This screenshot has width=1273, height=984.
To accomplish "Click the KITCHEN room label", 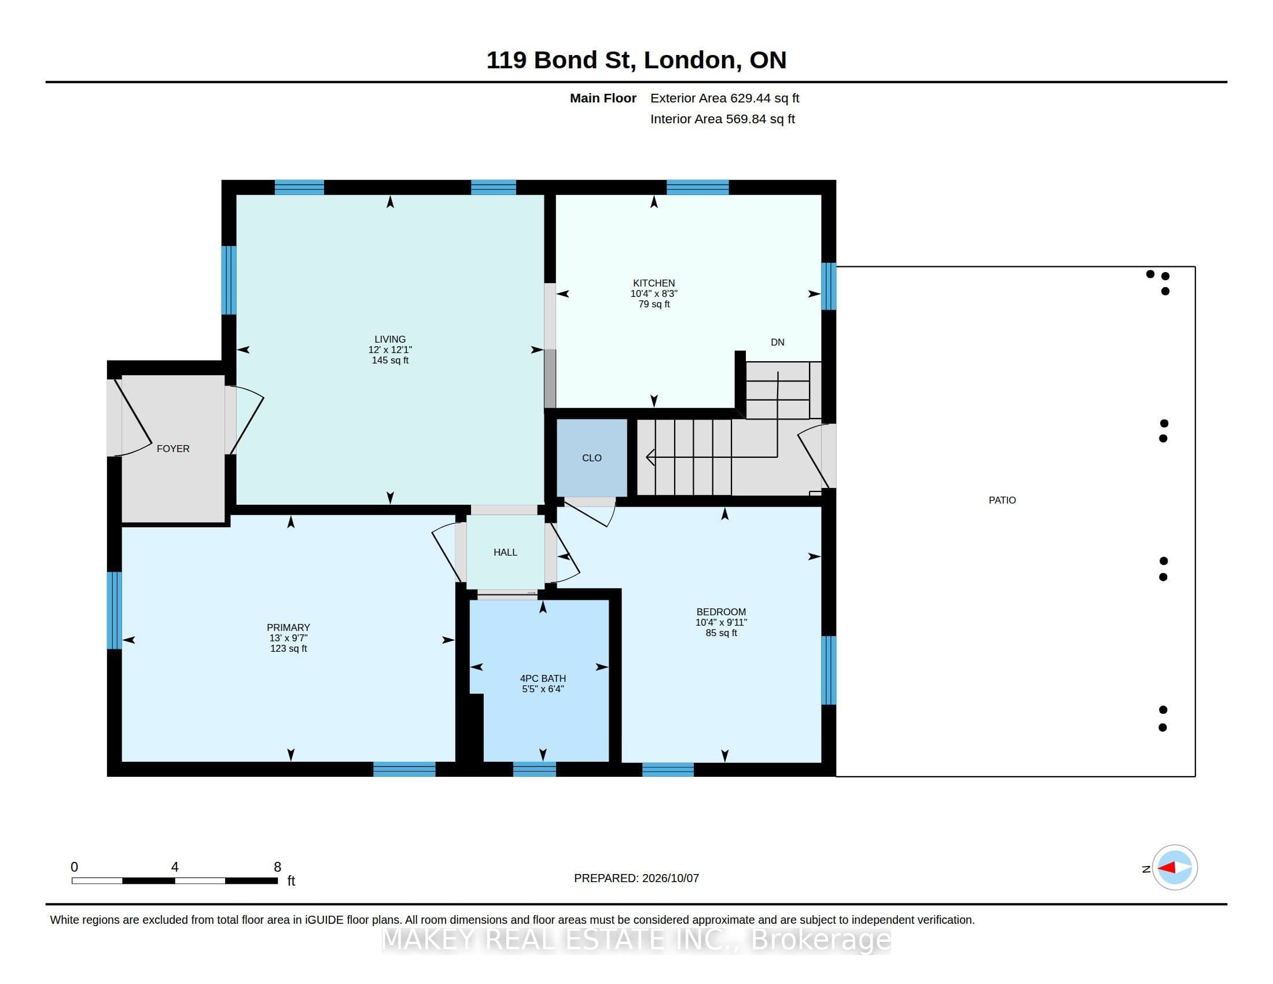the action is pyautogui.click(x=654, y=283).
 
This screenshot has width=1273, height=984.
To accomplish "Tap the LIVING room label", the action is pyautogui.click(x=390, y=339).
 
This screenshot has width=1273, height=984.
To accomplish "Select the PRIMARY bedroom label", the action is pyautogui.click(x=289, y=627).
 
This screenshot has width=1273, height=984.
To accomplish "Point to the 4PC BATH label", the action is pyautogui.click(x=543, y=678).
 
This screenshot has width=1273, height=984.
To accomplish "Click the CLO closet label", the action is pyautogui.click(x=591, y=458).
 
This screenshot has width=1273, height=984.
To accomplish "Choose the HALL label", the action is pyautogui.click(x=505, y=552).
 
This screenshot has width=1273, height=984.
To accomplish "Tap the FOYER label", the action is pyautogui.click(x=173, y=448).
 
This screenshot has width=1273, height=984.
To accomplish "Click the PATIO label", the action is pyautogui.click(x=1002, y=500).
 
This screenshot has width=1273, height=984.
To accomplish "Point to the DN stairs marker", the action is pyautogui.click(x=778, y=342).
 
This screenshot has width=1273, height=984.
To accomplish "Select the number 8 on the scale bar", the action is pyautogui.click(x=277, y=867).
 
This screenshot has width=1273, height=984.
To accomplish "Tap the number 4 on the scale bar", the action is pyautogui.click(x=175, y=867).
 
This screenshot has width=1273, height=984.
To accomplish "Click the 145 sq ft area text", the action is pyautogui.click(x=390, y=360).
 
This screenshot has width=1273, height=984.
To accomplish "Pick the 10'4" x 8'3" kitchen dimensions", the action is pyautogui.click(x=654, y=294).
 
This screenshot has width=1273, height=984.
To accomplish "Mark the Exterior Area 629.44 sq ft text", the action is pyautogui.click(x=724, y=98).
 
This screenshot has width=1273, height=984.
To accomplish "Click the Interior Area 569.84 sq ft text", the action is pyautogui.click(x=722, y=119).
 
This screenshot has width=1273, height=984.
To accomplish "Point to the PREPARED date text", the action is pyautogui.click(x=636, y=878).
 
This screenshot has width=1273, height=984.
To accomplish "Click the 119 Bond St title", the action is pyautogui.click(x=636, y=60).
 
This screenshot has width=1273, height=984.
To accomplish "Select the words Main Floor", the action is pyautogui.click(x=603, y=98).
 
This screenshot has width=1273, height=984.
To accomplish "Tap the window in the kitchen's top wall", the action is pyautogui.click(x=698, y=187).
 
